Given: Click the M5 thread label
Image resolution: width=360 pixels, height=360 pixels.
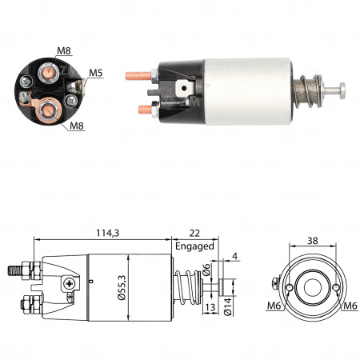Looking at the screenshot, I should (96, 73).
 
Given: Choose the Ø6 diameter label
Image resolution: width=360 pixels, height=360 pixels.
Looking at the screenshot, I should (206, 272).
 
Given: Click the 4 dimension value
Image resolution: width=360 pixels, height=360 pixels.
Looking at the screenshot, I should (234, 257).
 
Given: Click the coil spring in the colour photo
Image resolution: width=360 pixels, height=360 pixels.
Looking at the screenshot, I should (308, 90).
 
